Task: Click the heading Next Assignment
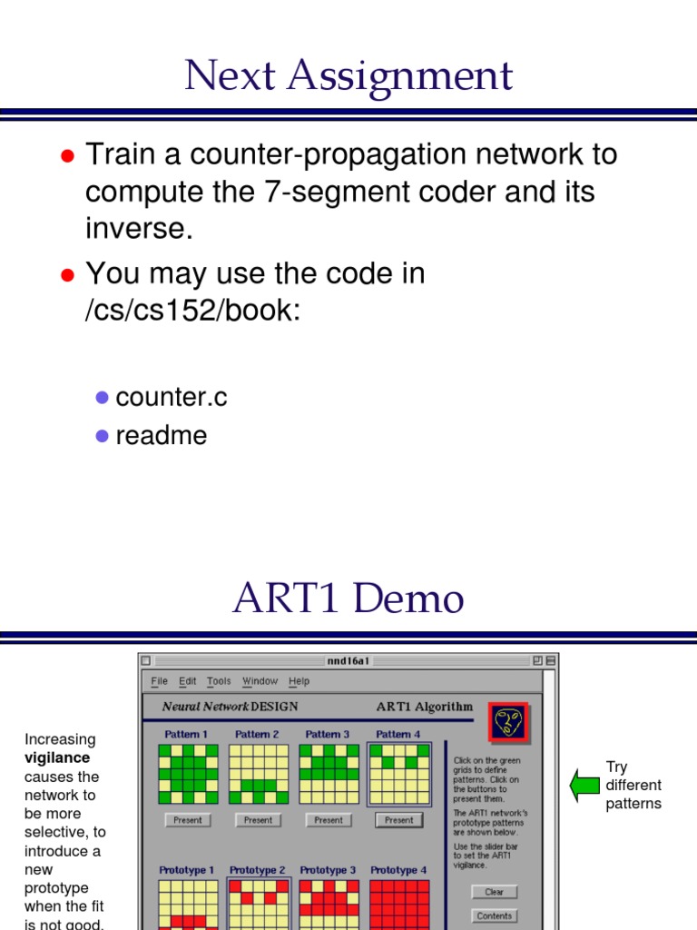348,76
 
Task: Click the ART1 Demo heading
348,599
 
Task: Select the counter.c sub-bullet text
172,397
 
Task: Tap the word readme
162,435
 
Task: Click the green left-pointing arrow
585,785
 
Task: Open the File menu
160,681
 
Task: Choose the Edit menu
187,681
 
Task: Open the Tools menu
219,681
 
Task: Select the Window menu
260,681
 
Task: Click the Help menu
299,681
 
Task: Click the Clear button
494,892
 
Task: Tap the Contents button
494,916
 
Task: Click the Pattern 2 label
257,734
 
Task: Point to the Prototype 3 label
328,870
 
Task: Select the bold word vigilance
57,758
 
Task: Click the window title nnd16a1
348,660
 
